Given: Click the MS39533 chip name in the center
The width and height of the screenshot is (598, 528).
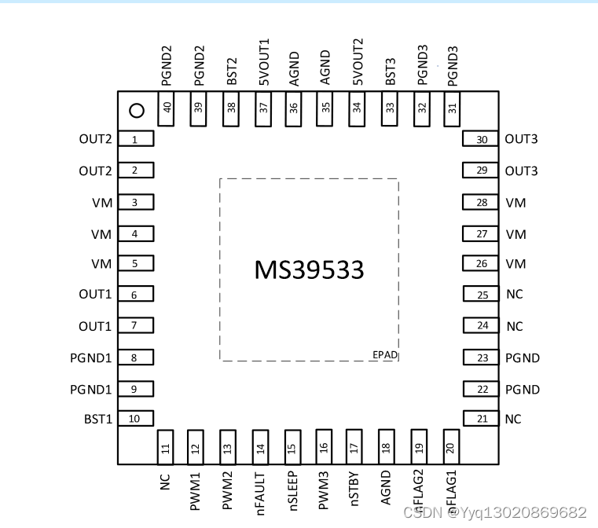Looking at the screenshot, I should tap(309, 269).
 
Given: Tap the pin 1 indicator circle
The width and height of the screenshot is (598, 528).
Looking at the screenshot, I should tap(136, 111).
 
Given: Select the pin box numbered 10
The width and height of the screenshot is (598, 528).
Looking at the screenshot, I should tap(135, 419).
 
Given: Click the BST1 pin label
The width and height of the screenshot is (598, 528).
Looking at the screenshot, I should tap(98, 419).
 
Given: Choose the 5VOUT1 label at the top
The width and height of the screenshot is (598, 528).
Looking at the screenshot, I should tap(263, 62).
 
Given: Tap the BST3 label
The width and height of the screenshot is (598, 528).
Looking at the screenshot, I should tap(391, 70).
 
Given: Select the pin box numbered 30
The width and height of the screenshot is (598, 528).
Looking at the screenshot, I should tap(481, 140).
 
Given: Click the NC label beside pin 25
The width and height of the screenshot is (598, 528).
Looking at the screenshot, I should tap(515, 295).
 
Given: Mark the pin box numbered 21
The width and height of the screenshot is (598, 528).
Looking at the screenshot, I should tap(481, 420).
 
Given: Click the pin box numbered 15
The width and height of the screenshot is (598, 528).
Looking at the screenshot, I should tap(292, 447).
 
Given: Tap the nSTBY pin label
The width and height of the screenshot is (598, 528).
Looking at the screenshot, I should tap(354, 489).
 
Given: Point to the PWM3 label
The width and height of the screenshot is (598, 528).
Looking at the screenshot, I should tap(323, 490).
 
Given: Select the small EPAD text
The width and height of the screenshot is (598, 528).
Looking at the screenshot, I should tap(385, 355).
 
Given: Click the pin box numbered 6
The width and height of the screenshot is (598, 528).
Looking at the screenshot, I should tap(135, 295).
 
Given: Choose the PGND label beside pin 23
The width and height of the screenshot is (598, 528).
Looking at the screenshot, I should tap(523, 358).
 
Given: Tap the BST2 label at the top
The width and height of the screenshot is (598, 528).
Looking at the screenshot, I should tap(232, 70).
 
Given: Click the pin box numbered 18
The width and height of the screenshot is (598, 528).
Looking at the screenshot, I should tap(386, 447).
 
